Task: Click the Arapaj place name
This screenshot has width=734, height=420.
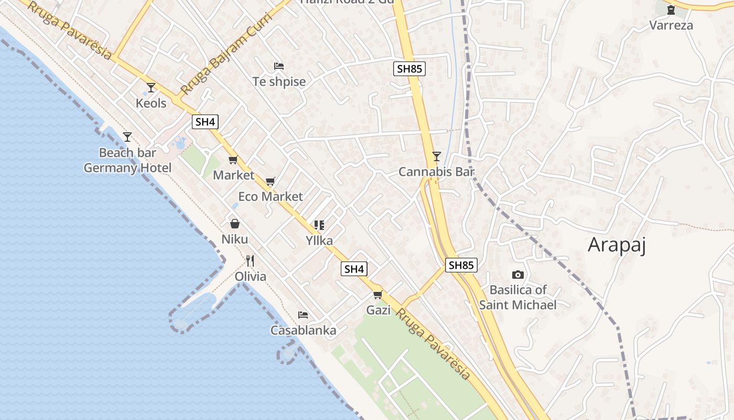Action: point(617,245)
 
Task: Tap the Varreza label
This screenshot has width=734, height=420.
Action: point(671,25)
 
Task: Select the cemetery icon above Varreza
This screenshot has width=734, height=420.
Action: point(671,9)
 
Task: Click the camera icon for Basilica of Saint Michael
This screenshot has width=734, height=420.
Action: point(517,275)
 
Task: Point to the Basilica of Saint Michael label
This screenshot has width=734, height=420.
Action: point(517,297)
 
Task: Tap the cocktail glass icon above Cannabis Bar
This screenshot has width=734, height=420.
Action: point(436,156)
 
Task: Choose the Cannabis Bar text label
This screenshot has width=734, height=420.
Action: point(436,172)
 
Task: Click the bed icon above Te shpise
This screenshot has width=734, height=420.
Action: point(279,66)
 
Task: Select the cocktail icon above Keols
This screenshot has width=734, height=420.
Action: point(151,88)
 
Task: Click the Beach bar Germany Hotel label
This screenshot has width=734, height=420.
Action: point(127,160)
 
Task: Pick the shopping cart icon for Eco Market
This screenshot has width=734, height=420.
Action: point(271,182)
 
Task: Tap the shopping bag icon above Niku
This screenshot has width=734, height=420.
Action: point(235,224)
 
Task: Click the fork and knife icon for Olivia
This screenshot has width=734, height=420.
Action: point(250,261)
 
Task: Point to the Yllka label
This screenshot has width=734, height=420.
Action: point(319,240)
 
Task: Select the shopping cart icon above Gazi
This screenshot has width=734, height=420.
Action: point(377,295)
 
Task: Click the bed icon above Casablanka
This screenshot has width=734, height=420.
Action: point(303,315)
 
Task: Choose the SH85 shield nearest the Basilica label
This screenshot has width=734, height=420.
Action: point(461,265)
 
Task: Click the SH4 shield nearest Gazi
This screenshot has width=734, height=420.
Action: point(354,269)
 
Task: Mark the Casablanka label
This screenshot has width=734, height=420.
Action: point(303,330)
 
